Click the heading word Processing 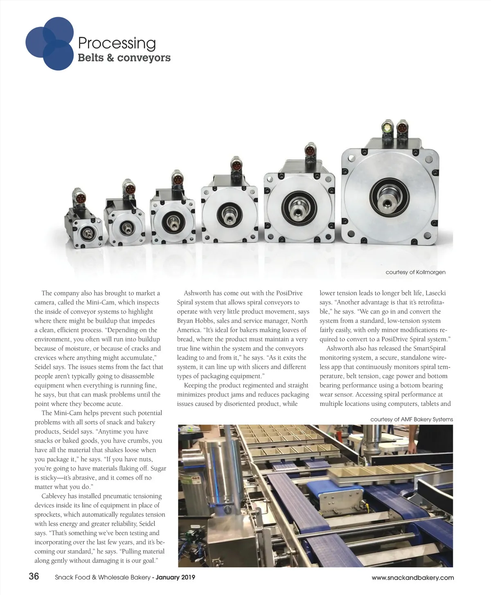117,43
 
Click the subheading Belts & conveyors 124,58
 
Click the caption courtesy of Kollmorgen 415,272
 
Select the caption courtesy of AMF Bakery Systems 411,419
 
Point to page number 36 34,577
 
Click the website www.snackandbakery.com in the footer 412,577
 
